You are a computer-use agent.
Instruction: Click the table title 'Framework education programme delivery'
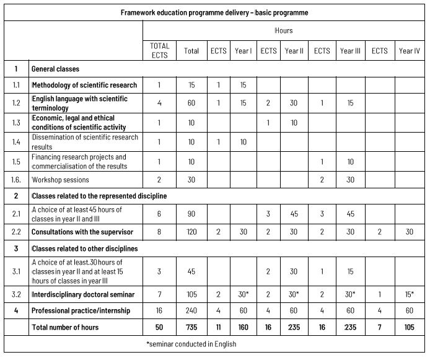pos(215,12)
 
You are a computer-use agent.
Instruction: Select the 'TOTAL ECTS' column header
pos(160,50)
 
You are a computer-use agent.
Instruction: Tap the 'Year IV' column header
pos(410,51)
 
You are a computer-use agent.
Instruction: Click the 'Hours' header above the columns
pos(284,30)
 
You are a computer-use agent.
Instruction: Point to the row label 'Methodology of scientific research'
pos(84,85)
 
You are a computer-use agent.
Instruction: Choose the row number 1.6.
pos(17,180)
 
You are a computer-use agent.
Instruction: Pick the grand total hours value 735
pos(191,327)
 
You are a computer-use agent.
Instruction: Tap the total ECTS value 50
pos(160,327)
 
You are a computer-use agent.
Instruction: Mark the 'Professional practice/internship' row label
pos(82,310)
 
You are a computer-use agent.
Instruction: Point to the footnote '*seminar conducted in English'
pos(215,344)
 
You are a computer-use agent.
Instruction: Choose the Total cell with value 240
pos(191,310)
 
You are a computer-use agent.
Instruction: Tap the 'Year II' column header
pos(294,51)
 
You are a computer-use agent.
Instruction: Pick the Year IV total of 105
pos(410,327)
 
